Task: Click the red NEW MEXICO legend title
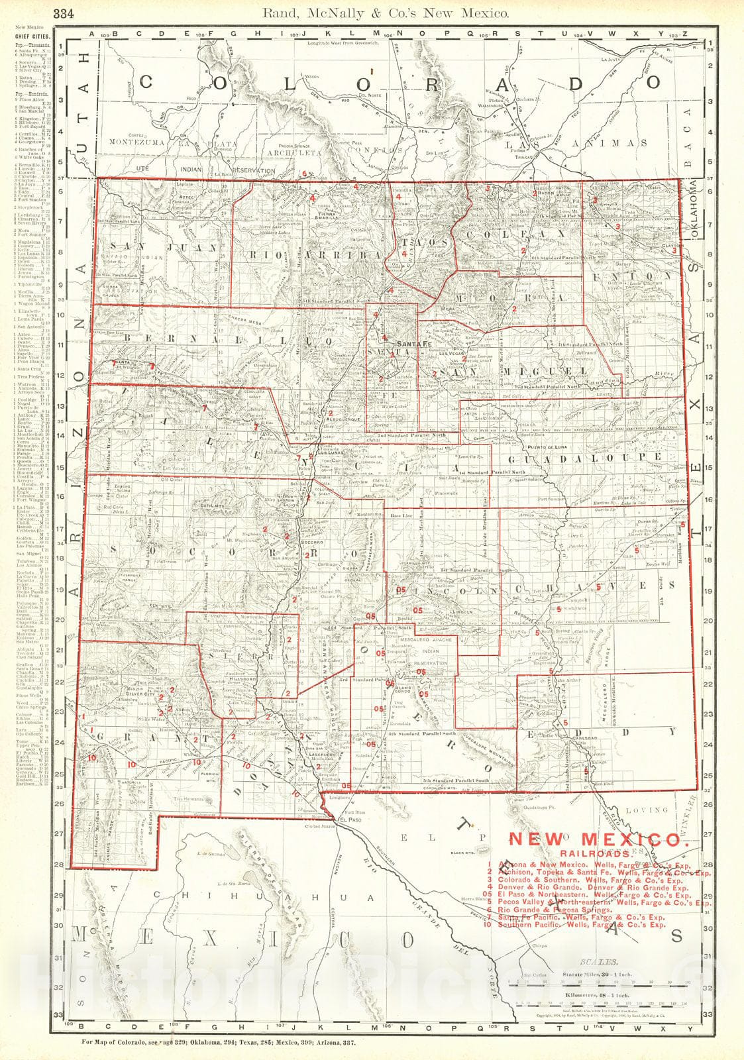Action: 595,839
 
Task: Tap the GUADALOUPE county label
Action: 585,457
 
